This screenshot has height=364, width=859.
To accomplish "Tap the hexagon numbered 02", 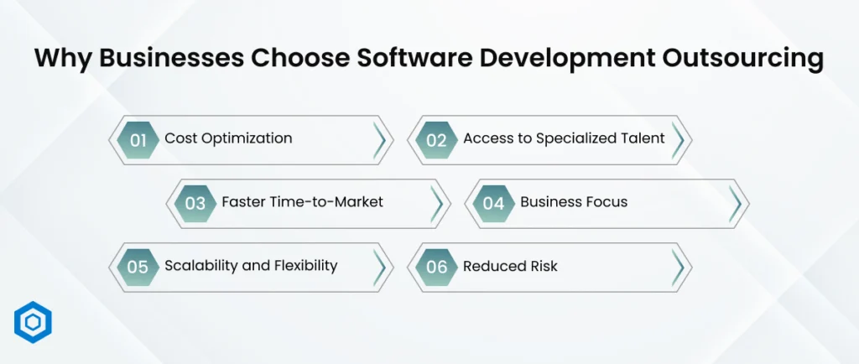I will (x=436, y=139).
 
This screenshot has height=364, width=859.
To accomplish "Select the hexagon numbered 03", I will (x=195, y=203).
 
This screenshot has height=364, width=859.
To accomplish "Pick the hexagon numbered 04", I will (x=493, y=203).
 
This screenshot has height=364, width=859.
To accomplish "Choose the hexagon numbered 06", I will (x=436, y=267).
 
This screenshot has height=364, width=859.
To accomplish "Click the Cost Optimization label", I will (x=228, y=138).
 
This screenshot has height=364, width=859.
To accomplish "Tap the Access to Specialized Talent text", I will (x=564, y=138).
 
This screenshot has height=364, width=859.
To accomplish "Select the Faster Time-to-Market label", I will (x=302, y=202).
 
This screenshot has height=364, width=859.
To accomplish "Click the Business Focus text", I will (x=574, y=202).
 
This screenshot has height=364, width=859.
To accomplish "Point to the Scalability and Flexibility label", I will (x=251, y=266).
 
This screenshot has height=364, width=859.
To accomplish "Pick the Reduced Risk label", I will (x=510, y=266).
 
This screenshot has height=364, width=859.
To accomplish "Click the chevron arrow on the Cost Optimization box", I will (x=381, y=139).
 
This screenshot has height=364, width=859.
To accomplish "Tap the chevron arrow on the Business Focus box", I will (x=736, y=203).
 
